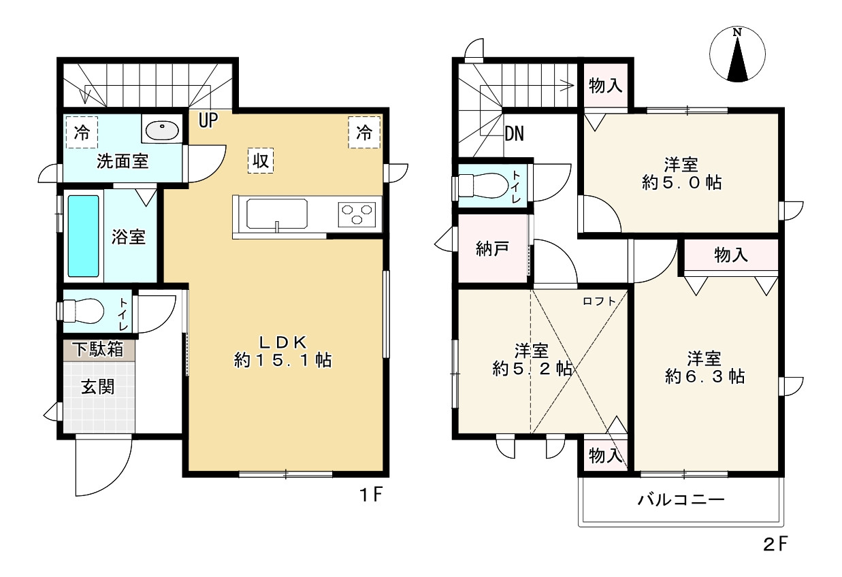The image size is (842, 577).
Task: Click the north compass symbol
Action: click(737, 54)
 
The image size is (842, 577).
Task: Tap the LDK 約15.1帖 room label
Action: click(282, 351)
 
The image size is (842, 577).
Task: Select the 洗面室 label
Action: click(123, 161)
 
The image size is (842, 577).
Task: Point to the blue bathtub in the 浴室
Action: click(84, 236)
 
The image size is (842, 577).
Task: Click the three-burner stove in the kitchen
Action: click(357, 214)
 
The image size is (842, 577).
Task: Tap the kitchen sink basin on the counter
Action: click(276, 214)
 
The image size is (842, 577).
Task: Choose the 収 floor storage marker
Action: click(261, 161)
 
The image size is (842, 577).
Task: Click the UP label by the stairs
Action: click(208, 120)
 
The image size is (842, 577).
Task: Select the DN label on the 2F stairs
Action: click(514, 134)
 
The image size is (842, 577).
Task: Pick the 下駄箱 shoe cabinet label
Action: click(98, 349)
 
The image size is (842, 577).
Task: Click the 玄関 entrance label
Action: click(98, 387)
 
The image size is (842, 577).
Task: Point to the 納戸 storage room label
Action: click(492, 248)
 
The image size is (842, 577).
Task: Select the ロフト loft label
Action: click(599, 301)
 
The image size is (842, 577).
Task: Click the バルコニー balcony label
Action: click(681, 500)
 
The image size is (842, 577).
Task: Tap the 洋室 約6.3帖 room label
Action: click(705, 367)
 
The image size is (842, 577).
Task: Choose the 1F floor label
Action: click(372, 495)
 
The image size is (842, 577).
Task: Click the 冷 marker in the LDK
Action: click(364, 132)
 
